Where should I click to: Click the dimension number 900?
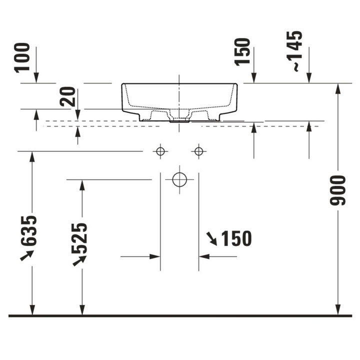[337, 190]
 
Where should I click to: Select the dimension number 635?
[28, 230]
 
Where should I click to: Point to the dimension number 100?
[22, 58]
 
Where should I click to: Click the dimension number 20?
[67, 96]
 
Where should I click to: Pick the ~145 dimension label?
[294, 51]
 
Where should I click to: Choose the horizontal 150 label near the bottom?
[236, 238]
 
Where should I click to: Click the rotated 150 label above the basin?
[242, 52]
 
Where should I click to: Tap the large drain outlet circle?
[179, 179]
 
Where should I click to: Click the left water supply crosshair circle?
[160, 151]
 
